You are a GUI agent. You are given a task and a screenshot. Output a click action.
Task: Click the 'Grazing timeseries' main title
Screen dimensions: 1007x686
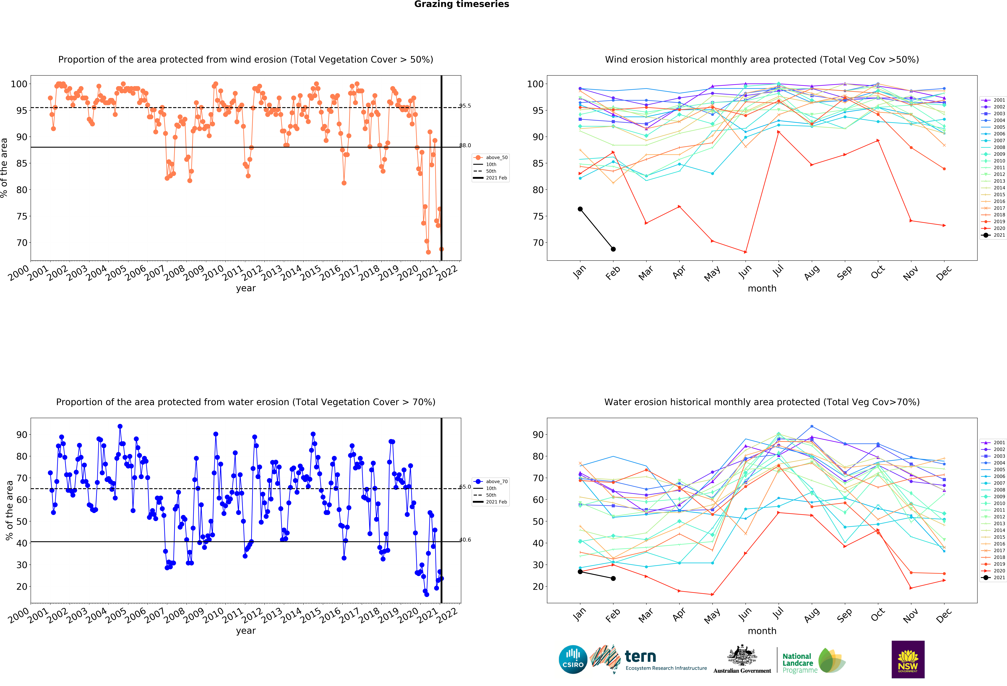point(461,4)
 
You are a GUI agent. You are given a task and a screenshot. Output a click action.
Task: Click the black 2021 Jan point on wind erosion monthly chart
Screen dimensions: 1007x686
point(580,209)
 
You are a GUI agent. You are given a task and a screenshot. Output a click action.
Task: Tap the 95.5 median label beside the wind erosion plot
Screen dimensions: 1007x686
point(465,106)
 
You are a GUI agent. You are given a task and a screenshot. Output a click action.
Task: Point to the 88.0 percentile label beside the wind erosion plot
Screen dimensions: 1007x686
point(465,145)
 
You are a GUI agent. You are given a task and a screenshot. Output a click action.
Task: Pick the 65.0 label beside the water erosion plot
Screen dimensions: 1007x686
point(465,487)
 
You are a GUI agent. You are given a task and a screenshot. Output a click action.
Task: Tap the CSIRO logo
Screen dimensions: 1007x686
point(573,660)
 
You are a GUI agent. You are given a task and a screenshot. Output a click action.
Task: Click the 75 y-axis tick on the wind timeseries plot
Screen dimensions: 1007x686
point(22,217)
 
